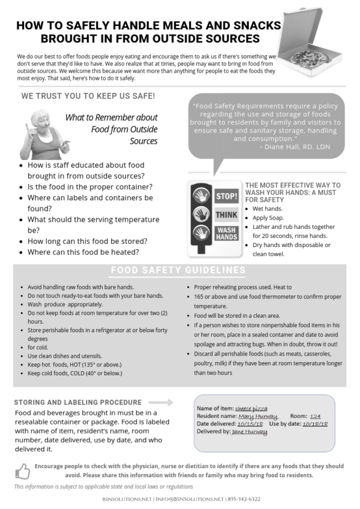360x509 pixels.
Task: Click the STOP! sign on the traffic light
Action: [226, 196]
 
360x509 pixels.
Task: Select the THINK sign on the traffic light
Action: [226, 214]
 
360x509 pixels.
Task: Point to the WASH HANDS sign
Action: [226, 233]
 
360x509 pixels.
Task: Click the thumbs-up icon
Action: [22, 470]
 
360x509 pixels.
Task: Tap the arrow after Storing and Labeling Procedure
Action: [160, 402]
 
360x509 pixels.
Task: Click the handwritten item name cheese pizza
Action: [251, 408]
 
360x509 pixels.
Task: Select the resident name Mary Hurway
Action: [258, 416]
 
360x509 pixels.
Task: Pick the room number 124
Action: [316, 416]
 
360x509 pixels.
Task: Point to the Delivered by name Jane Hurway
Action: [250, 431]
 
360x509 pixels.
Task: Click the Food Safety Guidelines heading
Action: [178, 270]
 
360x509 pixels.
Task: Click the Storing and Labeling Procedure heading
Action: [78, 402]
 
